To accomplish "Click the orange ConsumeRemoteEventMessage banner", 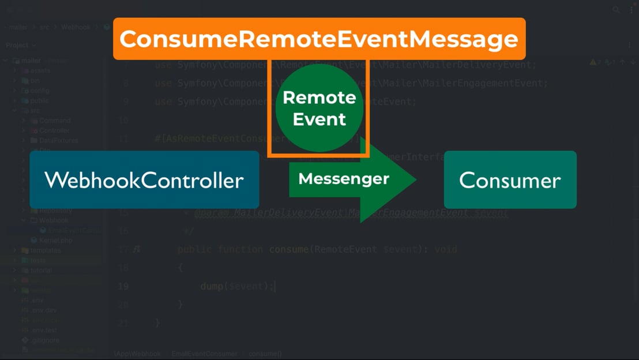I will point(319,39).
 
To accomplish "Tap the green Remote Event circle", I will point(319,108).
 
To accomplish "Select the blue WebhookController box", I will point(144,180).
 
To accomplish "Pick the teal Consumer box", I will point(510,180).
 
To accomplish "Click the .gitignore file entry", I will point(46,340).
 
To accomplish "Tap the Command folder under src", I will point(55,121).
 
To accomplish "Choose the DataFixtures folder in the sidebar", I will point(58,140).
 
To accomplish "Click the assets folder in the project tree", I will point(40,70).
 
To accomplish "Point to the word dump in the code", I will point(212,286).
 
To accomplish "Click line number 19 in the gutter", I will point(123,286).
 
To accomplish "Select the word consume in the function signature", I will point(289,249).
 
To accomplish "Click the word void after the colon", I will point(445,249).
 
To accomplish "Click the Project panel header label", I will point(17,45).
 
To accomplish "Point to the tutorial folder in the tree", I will point(41,270).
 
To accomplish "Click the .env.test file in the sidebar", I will point(44,330).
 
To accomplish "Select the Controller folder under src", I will point(54,130).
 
